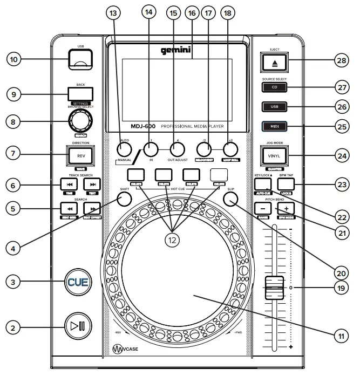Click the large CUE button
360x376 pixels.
tap(76, 281)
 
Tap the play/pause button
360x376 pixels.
tap(76, 326)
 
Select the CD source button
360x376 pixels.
tap(274, 86)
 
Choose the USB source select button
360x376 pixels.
tap(274, 106)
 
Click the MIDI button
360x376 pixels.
tap(274, 127)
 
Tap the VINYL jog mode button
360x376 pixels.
tap(274, 156)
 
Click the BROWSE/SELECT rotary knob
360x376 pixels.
tap(78, 122)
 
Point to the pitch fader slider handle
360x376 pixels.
tap(274, 287)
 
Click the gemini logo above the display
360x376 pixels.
tap(176, 51)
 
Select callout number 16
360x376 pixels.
tap(191, 12)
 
